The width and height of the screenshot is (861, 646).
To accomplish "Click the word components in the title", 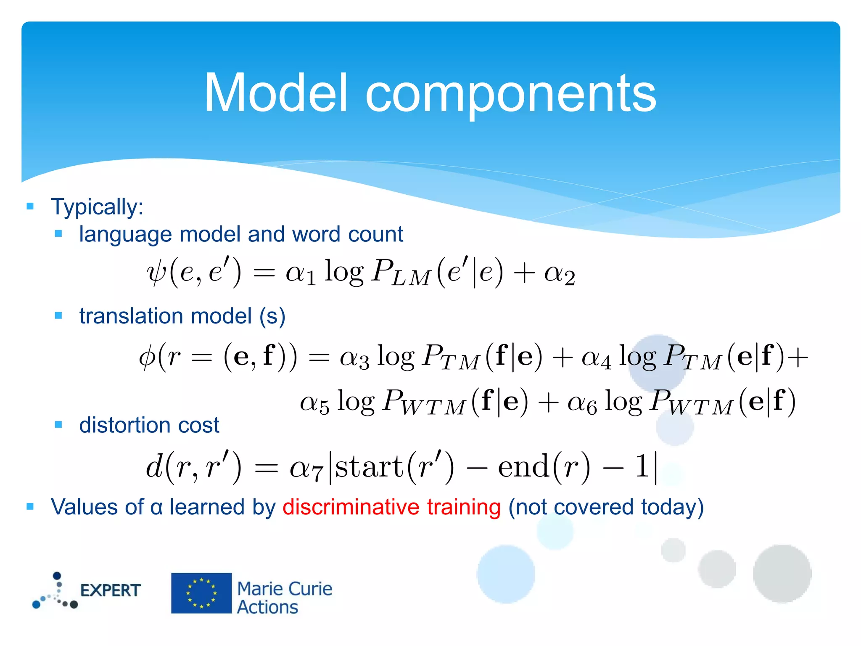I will pos(510,95).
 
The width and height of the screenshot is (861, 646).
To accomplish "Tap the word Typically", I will pos(97,207).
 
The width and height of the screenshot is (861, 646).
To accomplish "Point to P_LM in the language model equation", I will pos(401,273).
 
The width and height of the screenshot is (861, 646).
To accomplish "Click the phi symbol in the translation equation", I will pos(147,357).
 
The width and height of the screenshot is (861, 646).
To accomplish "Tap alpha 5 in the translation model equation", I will pos(314,403).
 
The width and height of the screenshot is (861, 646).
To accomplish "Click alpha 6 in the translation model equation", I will pos(582,403).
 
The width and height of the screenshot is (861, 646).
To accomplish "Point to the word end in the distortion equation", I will pos(523,467).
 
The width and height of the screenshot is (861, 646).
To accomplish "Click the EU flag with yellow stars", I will pos(201,593).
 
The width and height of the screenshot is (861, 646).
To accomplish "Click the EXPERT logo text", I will pos(110,590).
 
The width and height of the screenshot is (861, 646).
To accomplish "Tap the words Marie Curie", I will pos(285,589).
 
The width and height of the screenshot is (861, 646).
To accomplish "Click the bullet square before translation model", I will pos(58,315).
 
